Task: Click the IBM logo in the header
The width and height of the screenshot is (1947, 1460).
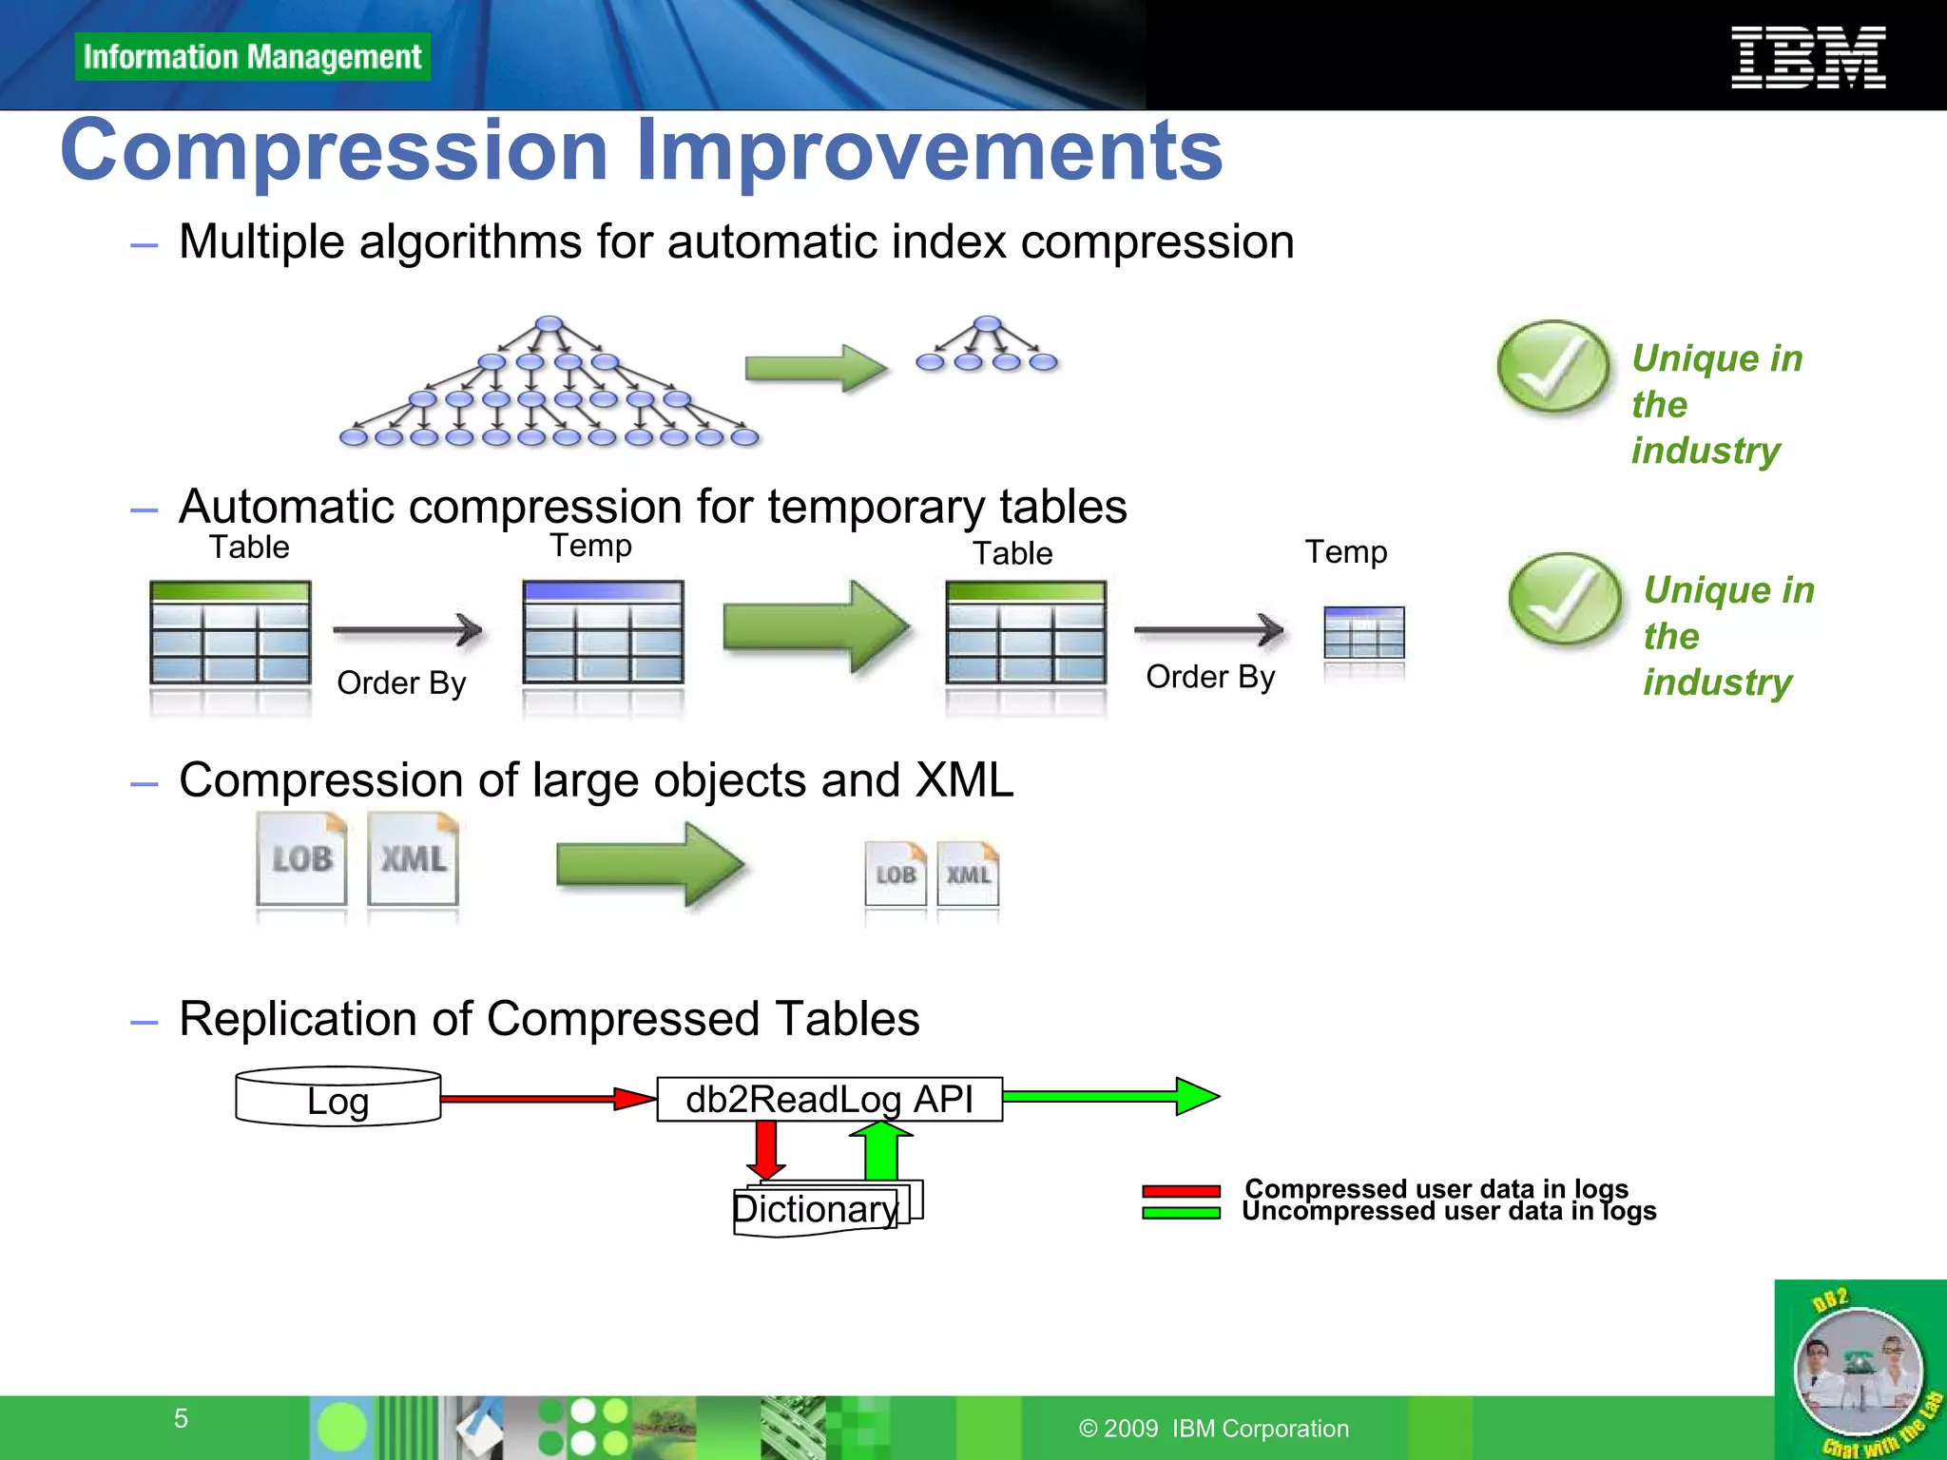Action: coord(1808,57)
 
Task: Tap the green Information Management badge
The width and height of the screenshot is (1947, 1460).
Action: coord(252,57)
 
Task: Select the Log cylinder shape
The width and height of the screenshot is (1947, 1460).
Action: coord(337,1098)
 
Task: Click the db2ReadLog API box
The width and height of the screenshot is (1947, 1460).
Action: coord(829,1099)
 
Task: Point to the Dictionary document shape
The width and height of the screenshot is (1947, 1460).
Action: coord(818,1210)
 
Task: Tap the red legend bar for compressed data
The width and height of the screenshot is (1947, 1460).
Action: coord(1181,1191)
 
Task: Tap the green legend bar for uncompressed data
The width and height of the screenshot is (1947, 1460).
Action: coord(1181,1213)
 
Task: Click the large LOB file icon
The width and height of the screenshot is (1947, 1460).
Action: coord(301,858)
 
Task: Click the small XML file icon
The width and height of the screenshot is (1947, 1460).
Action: coord(968,874)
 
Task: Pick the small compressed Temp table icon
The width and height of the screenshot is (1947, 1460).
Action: coord(1364,633)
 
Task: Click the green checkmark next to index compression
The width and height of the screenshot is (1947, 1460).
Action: coord(1552,367)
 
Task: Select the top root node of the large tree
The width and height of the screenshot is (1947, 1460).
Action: coord(549,324)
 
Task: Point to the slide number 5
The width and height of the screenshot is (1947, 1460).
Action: coord(181,1418)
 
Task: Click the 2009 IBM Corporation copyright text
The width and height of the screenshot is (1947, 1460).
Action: coord(1214,1429)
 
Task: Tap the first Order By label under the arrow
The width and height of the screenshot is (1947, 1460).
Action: coord(401,682)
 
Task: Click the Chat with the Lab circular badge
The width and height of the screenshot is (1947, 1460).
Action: coord(1859,1372)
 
